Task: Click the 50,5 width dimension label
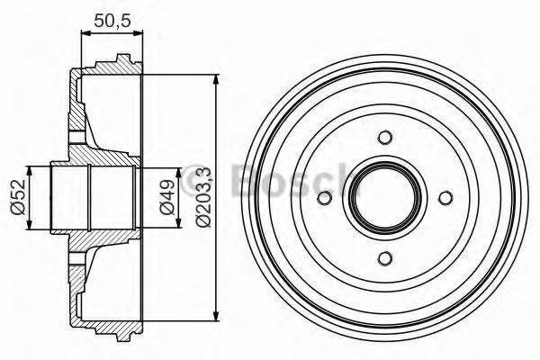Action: tap(112, 18)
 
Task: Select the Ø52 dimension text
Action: tap(17, 196)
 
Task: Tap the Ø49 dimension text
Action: tap(166, 197)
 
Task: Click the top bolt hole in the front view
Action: tap(385, 138)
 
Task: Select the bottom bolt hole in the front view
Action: tap(385, 258)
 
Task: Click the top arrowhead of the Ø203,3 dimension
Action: tap(215, 79)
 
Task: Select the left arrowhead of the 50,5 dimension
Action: tap(85, 34)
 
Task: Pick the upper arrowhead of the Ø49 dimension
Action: tap(149, 173)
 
